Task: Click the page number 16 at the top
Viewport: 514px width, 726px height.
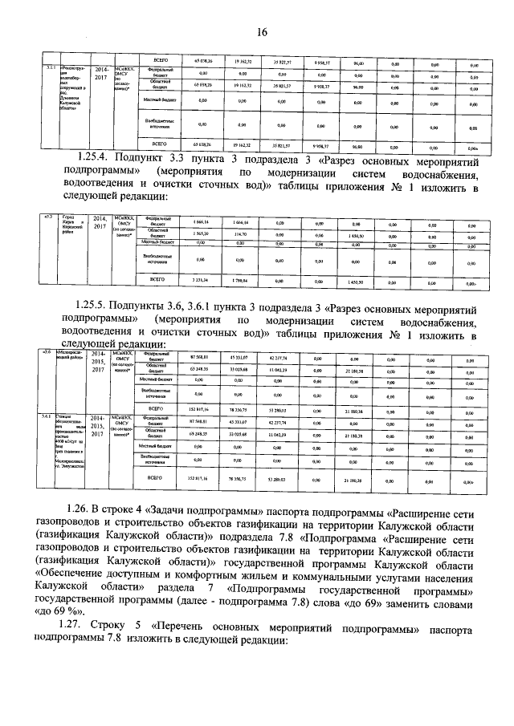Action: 261,32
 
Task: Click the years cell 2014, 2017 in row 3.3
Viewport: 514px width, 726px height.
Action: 100,222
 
